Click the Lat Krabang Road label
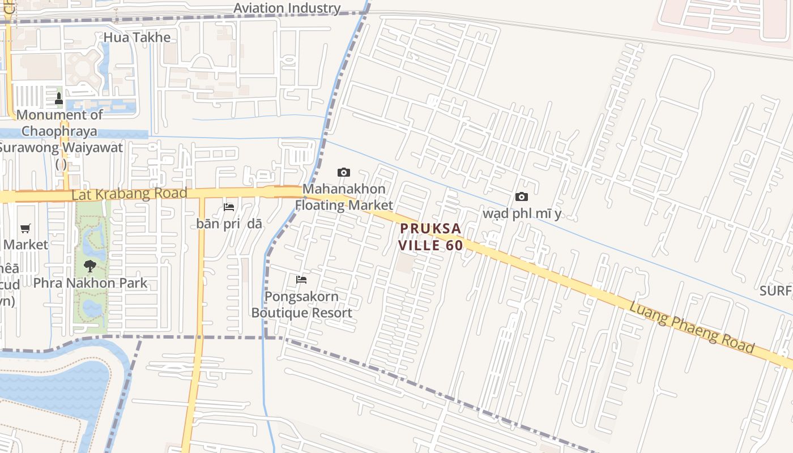(129, 194)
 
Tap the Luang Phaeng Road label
(692, 327)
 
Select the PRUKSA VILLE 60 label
(430, 237)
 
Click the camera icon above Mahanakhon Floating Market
(343, 172)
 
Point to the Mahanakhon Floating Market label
(344, 196)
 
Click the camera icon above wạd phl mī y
(521, 196)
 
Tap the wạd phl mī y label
(522, 213)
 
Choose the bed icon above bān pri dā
(229, 207)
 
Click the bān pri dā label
(229, 224)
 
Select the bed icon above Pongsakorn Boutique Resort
(301, 279)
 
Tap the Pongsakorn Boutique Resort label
(301, 304)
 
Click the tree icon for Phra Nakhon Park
(89, 266)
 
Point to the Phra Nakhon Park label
(90, 283)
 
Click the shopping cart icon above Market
(25, 228)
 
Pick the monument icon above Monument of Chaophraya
(59, 99)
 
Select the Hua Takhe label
(137, 37)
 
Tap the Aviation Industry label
(287, 8)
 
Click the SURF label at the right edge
(775, 291)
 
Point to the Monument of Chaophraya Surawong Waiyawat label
(60, 139)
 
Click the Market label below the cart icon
(25, 245)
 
